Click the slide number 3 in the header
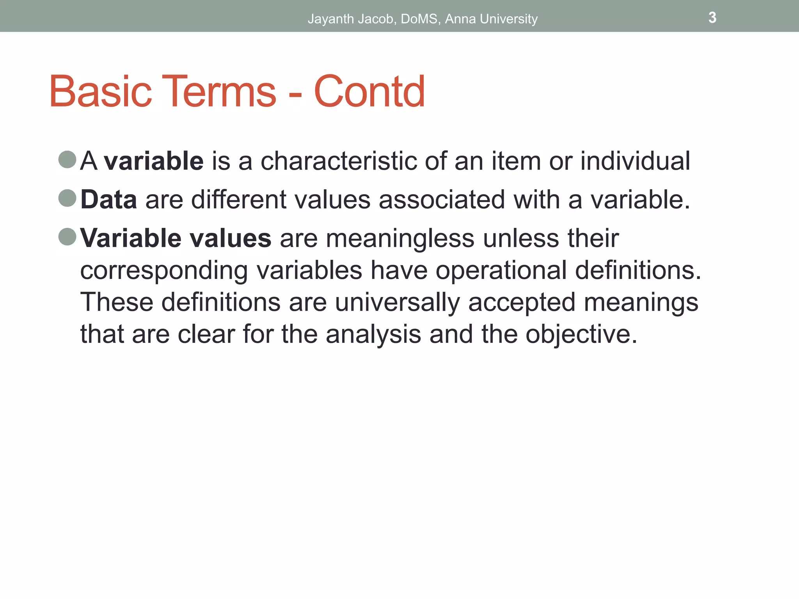pos(712,18)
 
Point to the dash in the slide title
pos(295,96)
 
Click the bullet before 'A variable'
pos(67,159)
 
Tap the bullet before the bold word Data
pos(67,198)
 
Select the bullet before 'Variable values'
pos(67,237)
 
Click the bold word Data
pos(108,200)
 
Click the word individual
pos(635,161)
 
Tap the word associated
pos(442,200)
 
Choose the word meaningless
pos(400,238)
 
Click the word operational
pos(501,271)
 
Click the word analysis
pos(373,335)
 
